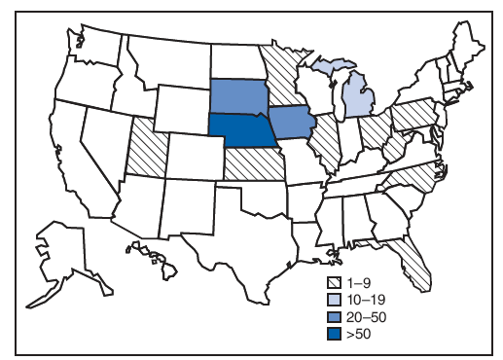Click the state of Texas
point(234,234)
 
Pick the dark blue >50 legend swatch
point(334,334)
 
